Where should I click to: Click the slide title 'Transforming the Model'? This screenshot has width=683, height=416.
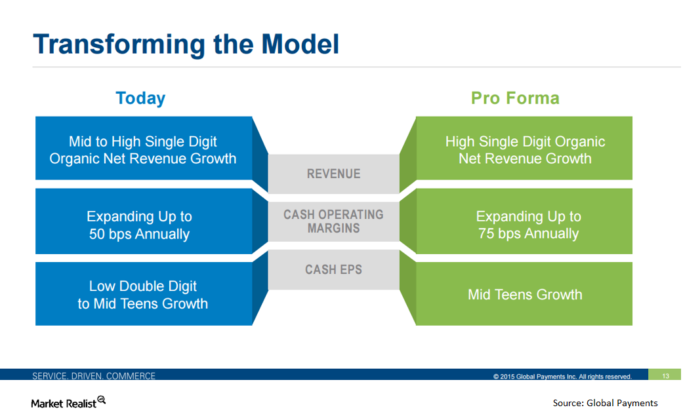tap(186, 44)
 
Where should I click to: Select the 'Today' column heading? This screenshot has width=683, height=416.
tap(140, 98)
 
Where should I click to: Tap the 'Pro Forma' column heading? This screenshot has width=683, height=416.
tap(515, 98)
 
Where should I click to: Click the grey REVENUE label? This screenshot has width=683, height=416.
tap(334, 174)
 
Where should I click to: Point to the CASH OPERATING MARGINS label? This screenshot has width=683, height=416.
tap(334, 221)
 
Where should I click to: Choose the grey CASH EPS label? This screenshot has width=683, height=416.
tap(334, 269)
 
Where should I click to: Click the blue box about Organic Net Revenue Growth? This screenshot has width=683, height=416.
tap(143, 149)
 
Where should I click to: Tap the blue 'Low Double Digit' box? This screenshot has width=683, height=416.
tap(143, 295)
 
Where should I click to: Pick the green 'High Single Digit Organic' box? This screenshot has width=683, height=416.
tap(525, 149)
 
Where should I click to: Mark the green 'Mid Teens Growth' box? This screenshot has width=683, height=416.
tap(525, 295)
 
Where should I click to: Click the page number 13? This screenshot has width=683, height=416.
tap(665, 376)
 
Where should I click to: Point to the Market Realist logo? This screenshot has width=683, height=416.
tap(68, 402)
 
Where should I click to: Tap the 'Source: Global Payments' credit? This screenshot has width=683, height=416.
tap(605, 403)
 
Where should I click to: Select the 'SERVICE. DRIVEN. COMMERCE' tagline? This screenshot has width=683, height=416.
tap(94, 376)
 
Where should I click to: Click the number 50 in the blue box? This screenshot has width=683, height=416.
tap(97, 234)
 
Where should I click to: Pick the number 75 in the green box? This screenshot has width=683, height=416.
tap(486, 234)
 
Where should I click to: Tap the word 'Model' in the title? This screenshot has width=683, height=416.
tap(300, 44)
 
